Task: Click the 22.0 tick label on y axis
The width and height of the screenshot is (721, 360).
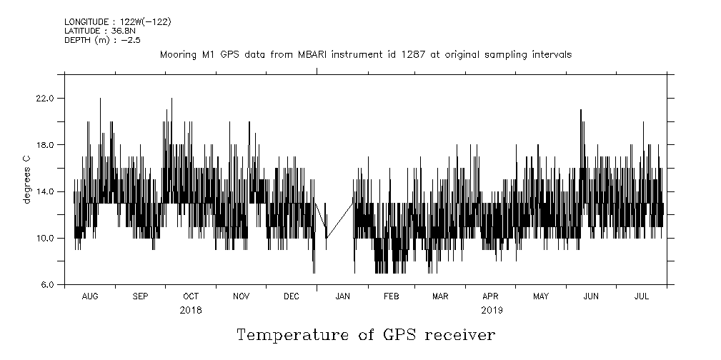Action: point(44,98)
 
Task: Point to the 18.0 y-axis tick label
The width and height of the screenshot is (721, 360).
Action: point(44,145)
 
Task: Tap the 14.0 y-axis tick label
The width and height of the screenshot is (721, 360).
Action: point(44,191)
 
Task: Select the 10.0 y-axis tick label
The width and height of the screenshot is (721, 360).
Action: point(44,238)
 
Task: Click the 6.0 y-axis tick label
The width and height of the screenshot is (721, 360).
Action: point(46,284)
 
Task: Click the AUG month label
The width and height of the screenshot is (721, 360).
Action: point(90,296)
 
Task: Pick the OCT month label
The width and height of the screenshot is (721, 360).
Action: point(191,296)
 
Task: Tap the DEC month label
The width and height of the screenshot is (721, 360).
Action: point(292,296)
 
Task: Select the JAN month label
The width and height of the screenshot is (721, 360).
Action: point(342,296)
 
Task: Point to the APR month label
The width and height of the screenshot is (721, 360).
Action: point(490,296)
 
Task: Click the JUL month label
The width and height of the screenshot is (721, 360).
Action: point(642,296)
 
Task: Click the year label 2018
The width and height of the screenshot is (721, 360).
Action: point(191,310)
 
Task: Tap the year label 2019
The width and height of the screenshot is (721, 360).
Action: point(492,310)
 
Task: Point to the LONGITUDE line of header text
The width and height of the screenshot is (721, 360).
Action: point(117,21)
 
